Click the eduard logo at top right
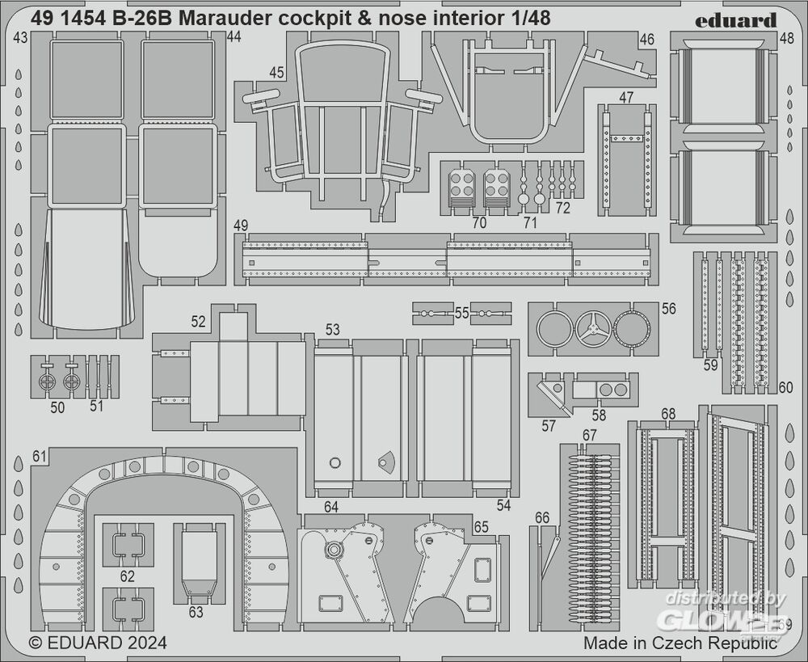(x=735, y=19)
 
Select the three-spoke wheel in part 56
(x=592, y=330)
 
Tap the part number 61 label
(x=40, y=457)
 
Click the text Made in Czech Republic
(x=680, y=643)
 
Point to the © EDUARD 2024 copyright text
(x=98, y=643)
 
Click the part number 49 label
(x=240, y=225)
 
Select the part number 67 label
(x=589, y=435)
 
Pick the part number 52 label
(x=199, y=321)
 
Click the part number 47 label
(x=626, y=97)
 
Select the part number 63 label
(x=196, y=612)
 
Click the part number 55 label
(x=462, y=312)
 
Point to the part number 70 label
(x=479, y=222)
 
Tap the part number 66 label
(x=542, y=517)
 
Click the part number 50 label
(x=57, y=407)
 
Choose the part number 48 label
(x=786, y=38)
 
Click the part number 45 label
(x=277, y=73)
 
